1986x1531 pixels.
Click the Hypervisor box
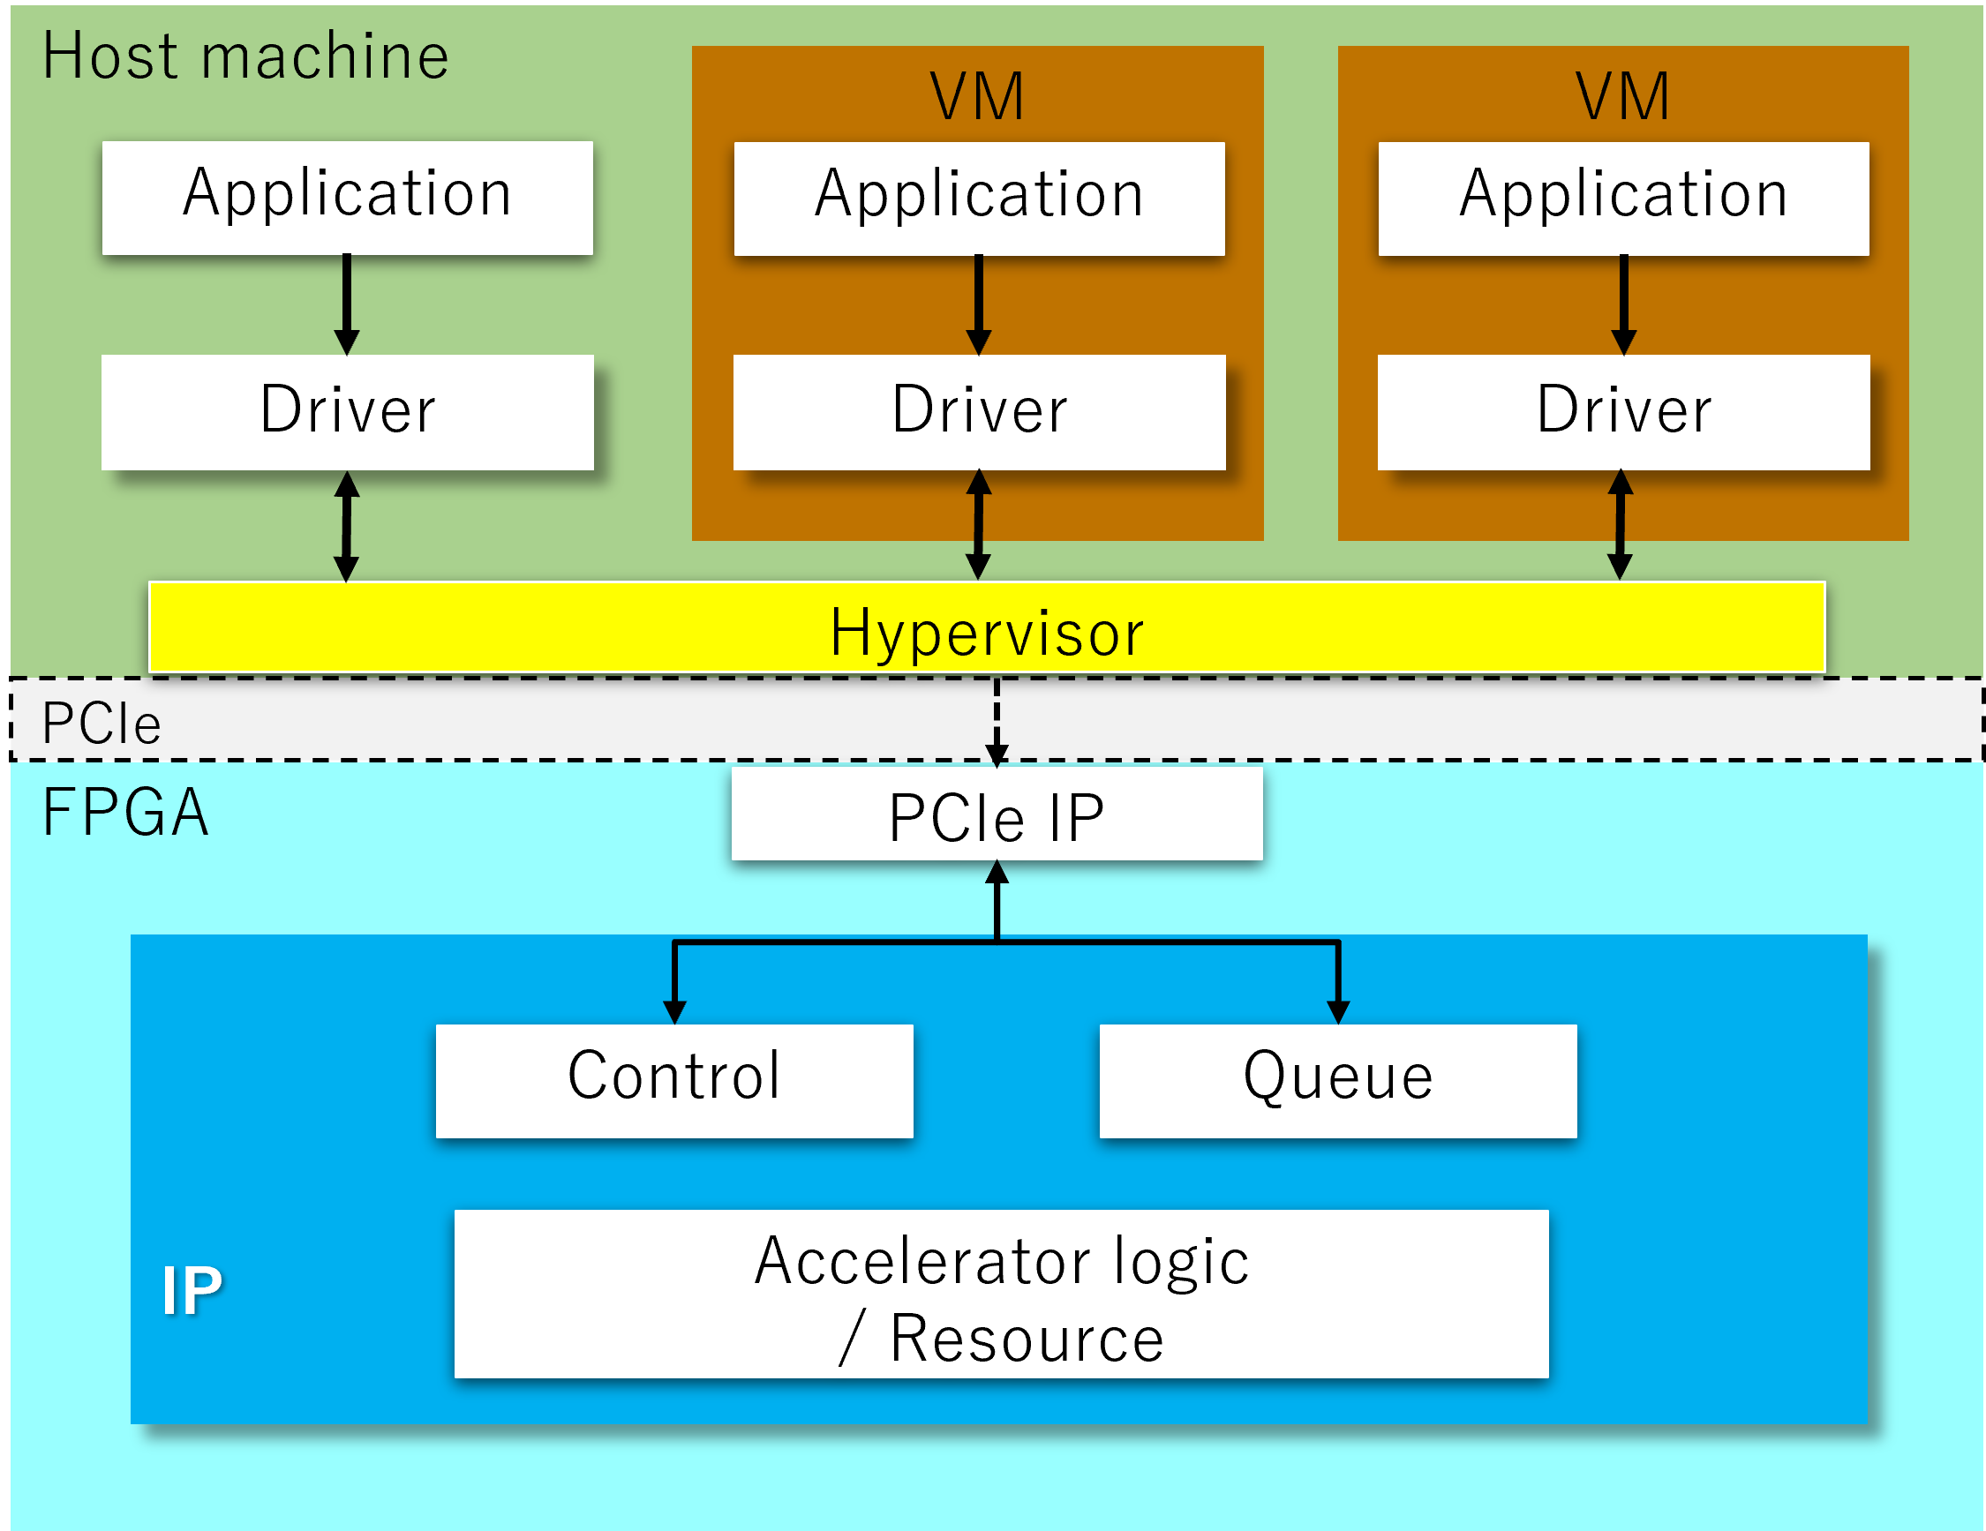(x=987, y=628)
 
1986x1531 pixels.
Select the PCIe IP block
(x=997, y=814)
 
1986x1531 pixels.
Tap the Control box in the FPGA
(x=673, y=1080)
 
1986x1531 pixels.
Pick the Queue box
(x=1337, y=1080)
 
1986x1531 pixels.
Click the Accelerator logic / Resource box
(x=1001, y=1293)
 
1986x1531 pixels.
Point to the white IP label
(x=191, y=1291)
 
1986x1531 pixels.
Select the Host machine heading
(x=245, y=56)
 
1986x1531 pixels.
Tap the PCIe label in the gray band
(x=101, y=724)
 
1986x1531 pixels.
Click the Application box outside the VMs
(x=348, y=198)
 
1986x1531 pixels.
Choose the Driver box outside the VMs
(x=348, y=412)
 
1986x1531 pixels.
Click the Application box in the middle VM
(x=979, y=199)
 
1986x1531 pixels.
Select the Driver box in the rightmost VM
(x=1623, y=412)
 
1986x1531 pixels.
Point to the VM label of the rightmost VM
(x=1622, y=96)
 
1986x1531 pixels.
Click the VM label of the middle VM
(x=976, y=96)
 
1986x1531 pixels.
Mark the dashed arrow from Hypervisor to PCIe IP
(x=997, y=720)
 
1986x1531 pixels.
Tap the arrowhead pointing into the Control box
(x=673, y=1011)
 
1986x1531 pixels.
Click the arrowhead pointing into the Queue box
(x=1337, y=1011)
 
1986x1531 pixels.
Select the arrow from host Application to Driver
(x=347, y=304)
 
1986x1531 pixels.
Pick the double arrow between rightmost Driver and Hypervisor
(x=1620, y=524)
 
